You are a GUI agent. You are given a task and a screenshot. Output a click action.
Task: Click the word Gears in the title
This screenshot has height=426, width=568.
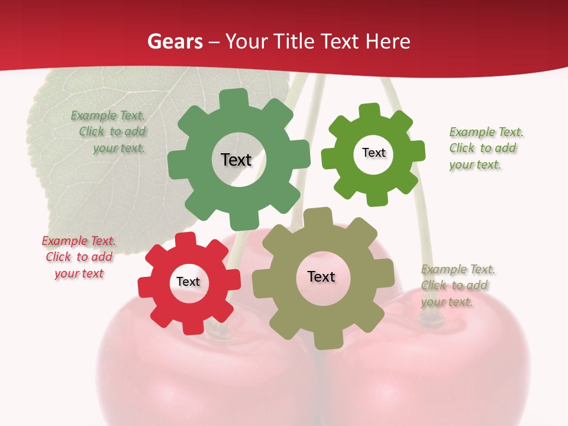point(175,41)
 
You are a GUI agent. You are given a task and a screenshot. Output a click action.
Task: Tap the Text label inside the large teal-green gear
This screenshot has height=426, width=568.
point(236,160)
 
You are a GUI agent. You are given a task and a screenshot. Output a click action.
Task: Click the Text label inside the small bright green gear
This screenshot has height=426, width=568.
point(373,153)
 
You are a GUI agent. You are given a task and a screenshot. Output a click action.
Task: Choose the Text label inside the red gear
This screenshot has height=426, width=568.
point(188,282)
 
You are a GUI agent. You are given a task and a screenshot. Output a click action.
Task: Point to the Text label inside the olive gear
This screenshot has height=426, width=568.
point(321,276)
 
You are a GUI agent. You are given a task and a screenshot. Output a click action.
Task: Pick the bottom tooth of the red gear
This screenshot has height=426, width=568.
point(193,325)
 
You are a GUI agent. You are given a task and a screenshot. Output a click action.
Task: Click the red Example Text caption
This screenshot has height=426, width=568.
point(79,257)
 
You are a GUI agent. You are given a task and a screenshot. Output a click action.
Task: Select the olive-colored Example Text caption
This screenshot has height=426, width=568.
point(457,285)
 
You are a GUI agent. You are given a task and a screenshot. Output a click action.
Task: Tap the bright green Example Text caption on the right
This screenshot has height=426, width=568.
point(486,148)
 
